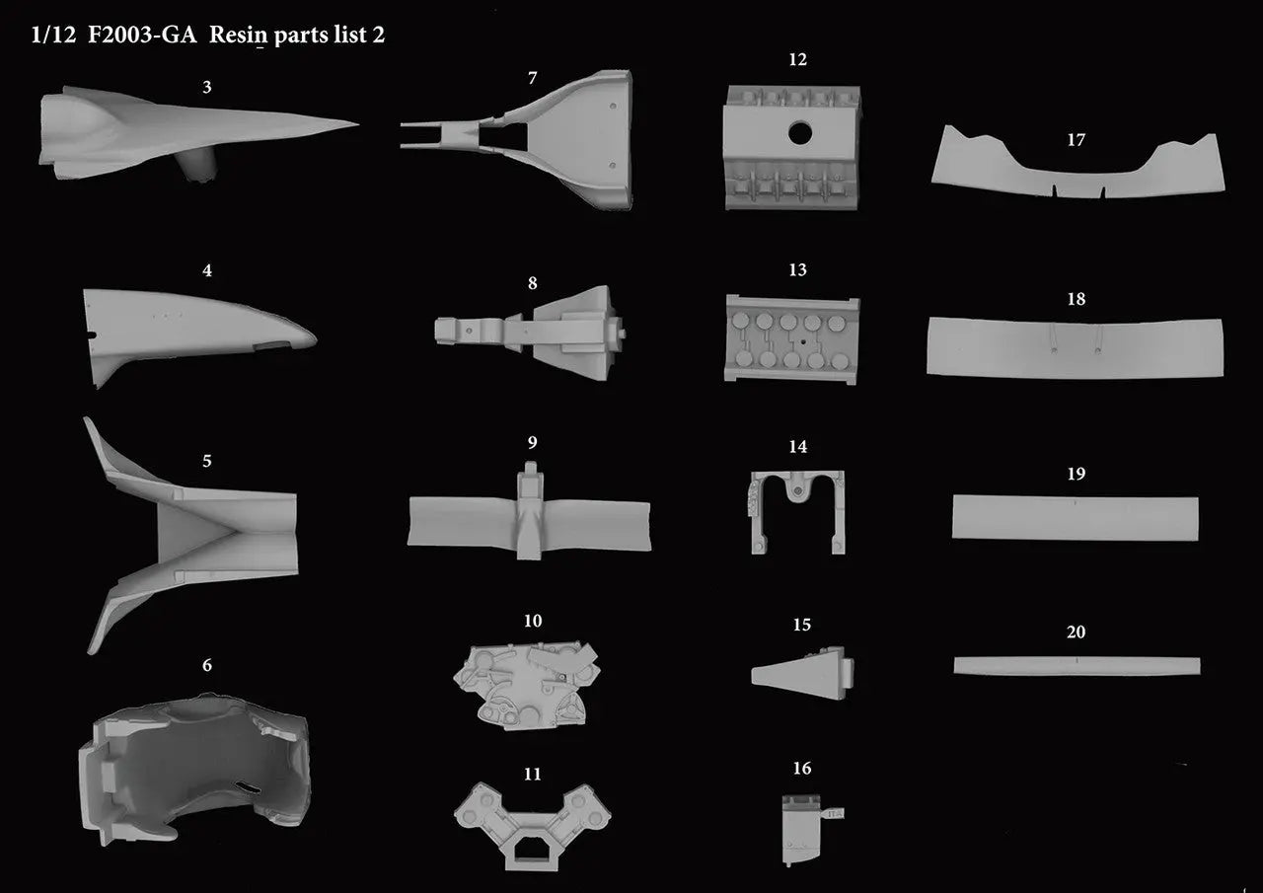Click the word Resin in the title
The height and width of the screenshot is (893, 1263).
click(x=238, y=35)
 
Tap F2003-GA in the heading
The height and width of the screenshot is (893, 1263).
click(x=142, y=35)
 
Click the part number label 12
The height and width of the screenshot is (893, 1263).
click(x=797, y=59)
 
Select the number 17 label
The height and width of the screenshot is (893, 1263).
click(x=1076, y=139)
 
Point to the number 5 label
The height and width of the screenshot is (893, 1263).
click(x=207, y=461)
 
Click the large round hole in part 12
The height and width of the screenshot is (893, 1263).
click(x=800, y=133)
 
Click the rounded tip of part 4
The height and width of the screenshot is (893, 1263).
click(x=311, y=338)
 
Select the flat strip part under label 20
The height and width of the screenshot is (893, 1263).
click(x=1077, y=666)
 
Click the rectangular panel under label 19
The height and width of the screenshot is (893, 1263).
click(x=1076, y=518)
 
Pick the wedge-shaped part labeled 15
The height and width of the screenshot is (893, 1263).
click(x=802, y=673)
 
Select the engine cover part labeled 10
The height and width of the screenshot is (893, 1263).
click(x=527, y=685)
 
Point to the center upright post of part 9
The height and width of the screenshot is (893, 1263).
click(x=530, y=510)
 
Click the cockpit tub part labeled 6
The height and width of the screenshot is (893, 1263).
click(x=194, y=770)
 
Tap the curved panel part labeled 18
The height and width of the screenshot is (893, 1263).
click(x=1075, y=347)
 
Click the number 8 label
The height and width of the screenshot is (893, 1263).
click(x=532, y=283)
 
